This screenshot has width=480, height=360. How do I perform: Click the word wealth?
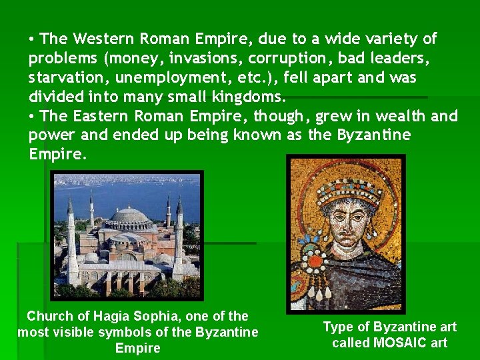[393, 116]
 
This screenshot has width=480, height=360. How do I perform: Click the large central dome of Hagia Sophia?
[129, 217]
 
